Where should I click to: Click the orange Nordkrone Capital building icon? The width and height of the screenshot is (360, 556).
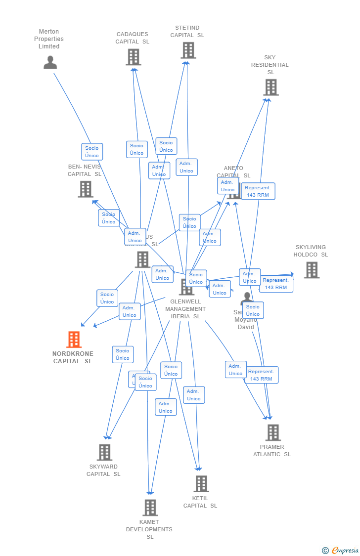coord(74,340)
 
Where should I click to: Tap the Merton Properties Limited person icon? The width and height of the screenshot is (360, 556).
coord(50,63)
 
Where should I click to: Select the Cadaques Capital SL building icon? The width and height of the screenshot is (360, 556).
coord(133,57)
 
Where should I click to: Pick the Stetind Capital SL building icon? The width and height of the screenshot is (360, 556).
coord(188,50)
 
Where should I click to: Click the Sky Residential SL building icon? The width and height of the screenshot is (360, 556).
coord(270,87)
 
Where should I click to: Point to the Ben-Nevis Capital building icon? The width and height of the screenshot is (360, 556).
coord(86,189)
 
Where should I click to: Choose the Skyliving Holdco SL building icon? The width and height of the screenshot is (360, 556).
coord(312,270)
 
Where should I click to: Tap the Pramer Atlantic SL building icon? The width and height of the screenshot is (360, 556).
coord(272,432)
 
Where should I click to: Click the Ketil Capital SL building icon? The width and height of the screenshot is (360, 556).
coord(201,484)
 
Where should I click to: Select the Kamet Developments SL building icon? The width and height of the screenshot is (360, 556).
coord(150,508)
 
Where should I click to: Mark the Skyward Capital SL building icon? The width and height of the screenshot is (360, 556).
coord(104,452)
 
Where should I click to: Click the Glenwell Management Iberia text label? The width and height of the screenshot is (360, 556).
coord(185,309)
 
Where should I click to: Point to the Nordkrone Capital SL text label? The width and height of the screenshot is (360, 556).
coord(73,357)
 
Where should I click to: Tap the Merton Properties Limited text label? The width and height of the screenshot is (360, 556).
coord(49,39)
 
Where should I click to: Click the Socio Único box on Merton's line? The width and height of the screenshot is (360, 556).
coord(92,152)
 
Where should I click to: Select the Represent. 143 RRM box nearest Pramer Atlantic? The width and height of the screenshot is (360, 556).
coord(261,375)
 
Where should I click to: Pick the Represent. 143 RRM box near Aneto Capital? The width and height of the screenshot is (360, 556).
coord(258,191)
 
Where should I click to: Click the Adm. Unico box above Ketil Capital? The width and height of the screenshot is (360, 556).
coord(194,395)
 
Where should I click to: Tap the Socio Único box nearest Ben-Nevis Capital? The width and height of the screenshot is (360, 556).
coord(109,218)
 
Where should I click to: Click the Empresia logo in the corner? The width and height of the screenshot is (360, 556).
coord(341,551)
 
